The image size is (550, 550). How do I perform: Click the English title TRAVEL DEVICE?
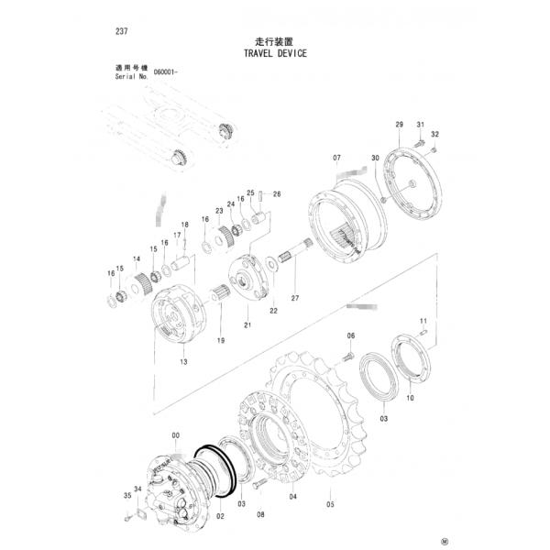coord(275,54)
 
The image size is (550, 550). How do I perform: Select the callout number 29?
coord(399,124)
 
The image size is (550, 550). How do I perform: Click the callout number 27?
coord(295,299)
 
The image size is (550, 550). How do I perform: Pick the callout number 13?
coord(183,362)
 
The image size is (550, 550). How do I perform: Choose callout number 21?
coord(247,325)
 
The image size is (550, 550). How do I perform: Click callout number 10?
coord(410,399)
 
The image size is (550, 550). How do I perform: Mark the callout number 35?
coord(126,496)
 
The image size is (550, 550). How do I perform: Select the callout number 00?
coord(175,434)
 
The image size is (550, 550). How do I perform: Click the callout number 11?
coord(423,319)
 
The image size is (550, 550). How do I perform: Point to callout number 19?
coord(220,341)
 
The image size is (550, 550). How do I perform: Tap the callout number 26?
coord(277,193)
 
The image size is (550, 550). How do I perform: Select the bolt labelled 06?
coord(349,355)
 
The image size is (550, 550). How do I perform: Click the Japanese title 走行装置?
coord(274,41)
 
